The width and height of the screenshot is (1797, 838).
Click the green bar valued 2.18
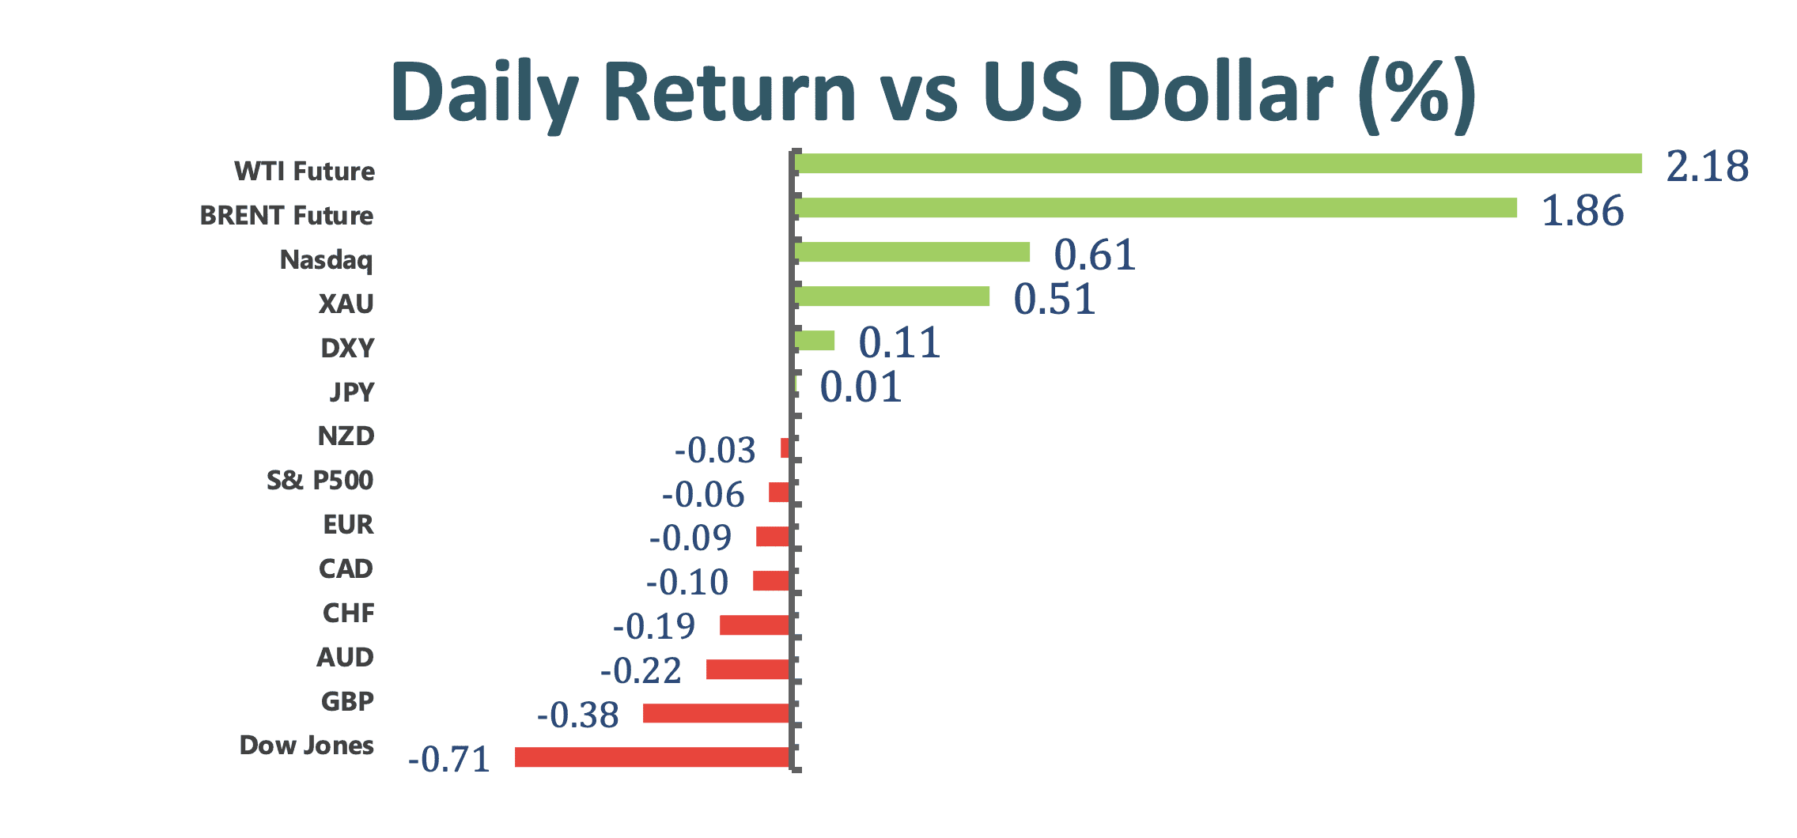tap(1218, 164)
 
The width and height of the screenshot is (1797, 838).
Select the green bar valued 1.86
tap(1156, 208)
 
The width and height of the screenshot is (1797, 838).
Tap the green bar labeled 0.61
tap(912, 252)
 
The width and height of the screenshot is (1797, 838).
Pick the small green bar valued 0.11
tap(815, 341)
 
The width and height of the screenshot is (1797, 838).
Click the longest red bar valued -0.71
tap(653, 757)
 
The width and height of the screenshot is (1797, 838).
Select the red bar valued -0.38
tap(717, 714)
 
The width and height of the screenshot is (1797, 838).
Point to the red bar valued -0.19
tap(755, 625)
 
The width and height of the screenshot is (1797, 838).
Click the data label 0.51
tap(1054, 299)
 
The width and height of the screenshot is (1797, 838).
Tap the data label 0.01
tap(861, 387)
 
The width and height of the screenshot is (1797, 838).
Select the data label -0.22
tap(641, 671)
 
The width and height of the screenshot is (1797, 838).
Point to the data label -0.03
tap(715, 451)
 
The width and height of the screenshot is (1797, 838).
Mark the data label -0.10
tap(687, 583)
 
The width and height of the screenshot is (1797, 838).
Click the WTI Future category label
tap(305, 171)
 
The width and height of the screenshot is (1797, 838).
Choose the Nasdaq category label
tap(326, 260)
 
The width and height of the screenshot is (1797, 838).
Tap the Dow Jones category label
tap(306, 746)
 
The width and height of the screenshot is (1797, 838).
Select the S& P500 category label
tap(320, 480)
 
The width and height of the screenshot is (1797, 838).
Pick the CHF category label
tap(348, 613)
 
